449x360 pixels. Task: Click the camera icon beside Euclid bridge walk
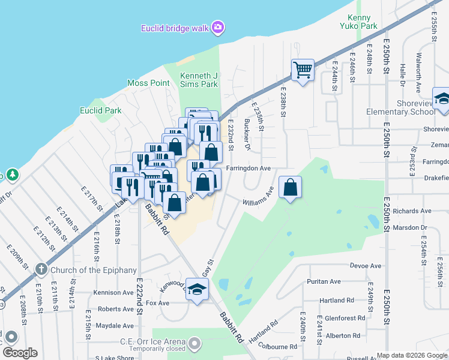pyautogui.click(x=217, y=28)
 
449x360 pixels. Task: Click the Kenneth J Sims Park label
pyautogui.click(x=199, y=80)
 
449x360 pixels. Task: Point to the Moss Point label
pyautogui.click(x=148, y=83)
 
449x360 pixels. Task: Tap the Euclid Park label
pyautogui.click(x=101, y=110)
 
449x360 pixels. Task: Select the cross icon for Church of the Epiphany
pyautogui.click(x=41, y=269)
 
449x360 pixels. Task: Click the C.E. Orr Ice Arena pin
pyautogui.click(x=194, y=344)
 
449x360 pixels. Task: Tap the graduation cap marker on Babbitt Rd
pyautogui.click(x=196, y=290)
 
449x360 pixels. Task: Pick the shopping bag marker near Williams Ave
pyautogui.click(x=290, y=187)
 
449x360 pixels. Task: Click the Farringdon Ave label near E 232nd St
pyautogui.click(x=249, y=169)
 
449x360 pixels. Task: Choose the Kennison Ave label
pyautogui.click(x=113, y=293)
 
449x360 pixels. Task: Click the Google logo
pyautogui.click(x=20, y=353)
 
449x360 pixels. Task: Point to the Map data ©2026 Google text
pyautogui.click(x=411, y=355)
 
